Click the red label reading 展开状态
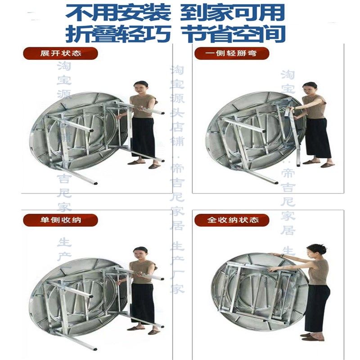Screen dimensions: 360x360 click(60, 54)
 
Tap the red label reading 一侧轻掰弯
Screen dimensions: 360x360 click(232, 54)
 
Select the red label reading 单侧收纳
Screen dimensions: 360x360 click(60, 220)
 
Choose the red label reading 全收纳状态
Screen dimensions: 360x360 click(232, 220)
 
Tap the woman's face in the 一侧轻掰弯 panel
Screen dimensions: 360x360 click(310, 88)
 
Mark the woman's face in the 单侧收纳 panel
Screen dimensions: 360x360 click(140, 253)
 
